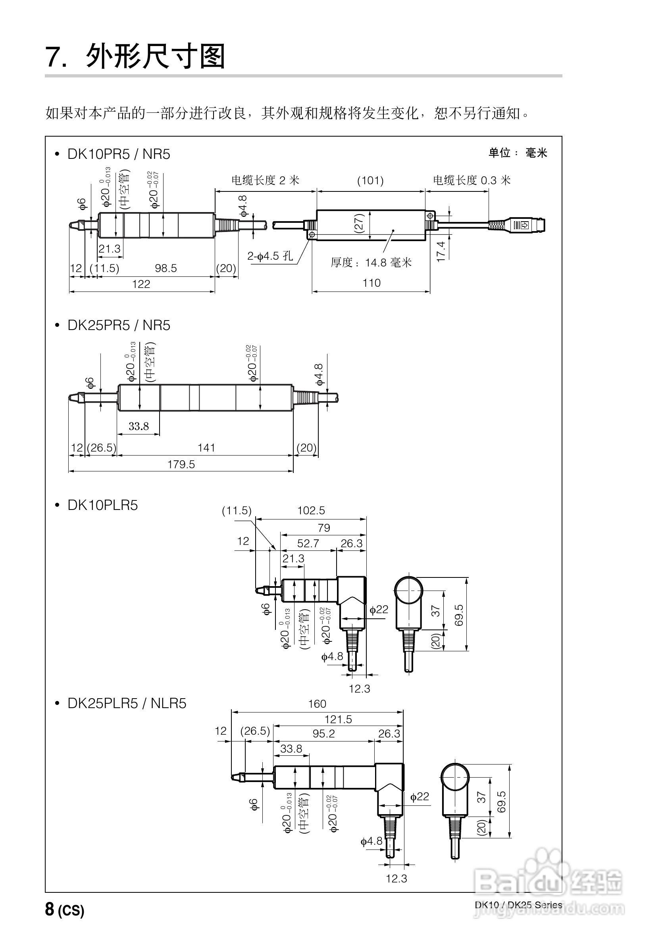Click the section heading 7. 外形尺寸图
click(136, 56)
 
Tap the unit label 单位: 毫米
click(518, 153)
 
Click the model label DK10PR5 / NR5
click(119, 154)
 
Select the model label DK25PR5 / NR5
click(119, 326)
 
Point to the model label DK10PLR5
click(102, 505)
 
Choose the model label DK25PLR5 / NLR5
click(127, 703)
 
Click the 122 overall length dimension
click(141, 284)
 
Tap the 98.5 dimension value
click(166, 268)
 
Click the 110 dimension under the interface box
click(371, 283)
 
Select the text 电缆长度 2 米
click(265, 180)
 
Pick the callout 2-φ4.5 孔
click(270, 256)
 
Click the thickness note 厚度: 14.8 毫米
click(371, 263)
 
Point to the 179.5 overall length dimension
click(181, 465)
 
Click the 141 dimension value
click(206, 448)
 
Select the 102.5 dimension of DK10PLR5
click(311, 511)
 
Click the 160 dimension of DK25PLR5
click(317, 704)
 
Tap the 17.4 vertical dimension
click(441, 251)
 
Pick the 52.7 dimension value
click(308, 543)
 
